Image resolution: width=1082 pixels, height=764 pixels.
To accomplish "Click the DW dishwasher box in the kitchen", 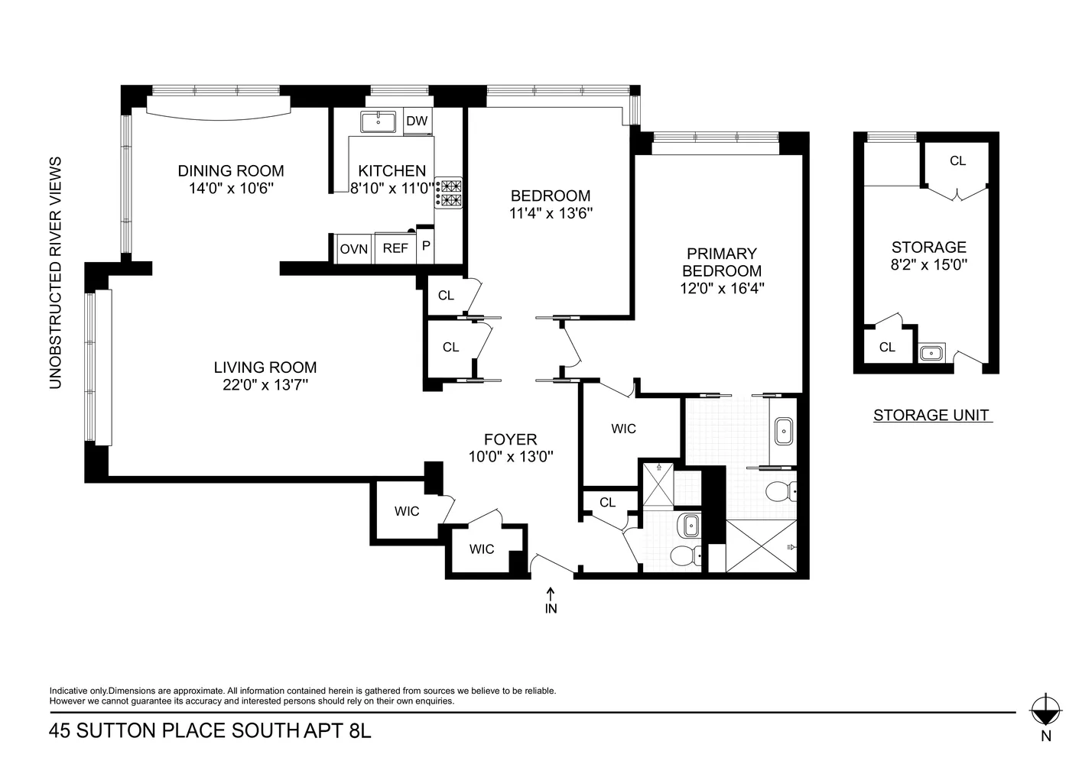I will coord(417,121).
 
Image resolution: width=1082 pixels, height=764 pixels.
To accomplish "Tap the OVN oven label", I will coord(354,249).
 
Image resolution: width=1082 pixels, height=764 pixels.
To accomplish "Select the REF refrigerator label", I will coord(395,249).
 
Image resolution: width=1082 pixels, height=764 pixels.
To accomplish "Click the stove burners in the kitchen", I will coord(448,193).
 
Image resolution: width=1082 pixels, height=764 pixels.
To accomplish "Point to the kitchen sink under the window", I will coord(379,121).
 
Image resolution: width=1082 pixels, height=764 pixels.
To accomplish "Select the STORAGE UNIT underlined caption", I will coord(931,416).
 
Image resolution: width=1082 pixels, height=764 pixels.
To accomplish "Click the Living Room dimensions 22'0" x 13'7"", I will coord(265,385).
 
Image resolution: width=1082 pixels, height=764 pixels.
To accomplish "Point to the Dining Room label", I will coord(231,171).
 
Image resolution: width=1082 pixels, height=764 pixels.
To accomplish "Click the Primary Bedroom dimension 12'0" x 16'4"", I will coord(722,288).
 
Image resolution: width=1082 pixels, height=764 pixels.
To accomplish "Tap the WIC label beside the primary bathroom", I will coord(623,429).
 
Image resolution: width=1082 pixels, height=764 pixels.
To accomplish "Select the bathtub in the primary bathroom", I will coord(784,432).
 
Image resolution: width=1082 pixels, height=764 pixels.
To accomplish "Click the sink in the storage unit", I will coord(931,353).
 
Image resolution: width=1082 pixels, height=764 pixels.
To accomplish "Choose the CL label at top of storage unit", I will coord(957,161).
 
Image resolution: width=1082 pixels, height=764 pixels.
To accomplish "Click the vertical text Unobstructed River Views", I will coord(55,273).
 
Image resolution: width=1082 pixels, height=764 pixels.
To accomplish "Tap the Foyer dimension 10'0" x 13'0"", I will coord(511,457).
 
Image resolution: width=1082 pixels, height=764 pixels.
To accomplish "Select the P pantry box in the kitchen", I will coord(426,247).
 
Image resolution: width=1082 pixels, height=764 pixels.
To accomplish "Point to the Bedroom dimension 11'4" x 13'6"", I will coord(551,214).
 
